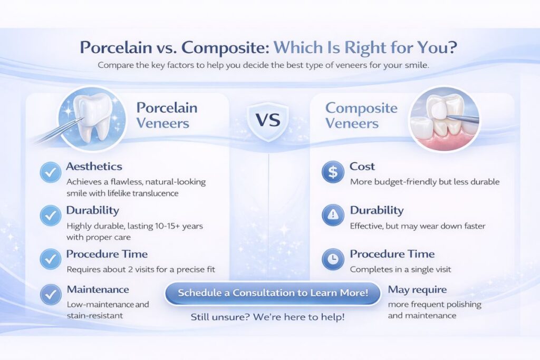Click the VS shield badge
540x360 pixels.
[x=268, y=121]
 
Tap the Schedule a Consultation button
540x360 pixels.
[x=273, y=293]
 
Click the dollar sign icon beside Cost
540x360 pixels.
[x=333, y=172]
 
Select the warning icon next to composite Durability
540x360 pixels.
[x=333, y=215]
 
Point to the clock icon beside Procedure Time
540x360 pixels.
[x=333, y=259]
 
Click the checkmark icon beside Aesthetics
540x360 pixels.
[x=51, y=172]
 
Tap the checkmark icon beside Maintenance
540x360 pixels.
[x=51, y=294]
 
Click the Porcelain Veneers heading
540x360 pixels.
[x=167, y=115]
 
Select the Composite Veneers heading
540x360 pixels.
[x=361, y=115]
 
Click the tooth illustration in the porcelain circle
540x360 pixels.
[x=92, y=118]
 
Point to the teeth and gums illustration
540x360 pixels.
[x=444, y=119]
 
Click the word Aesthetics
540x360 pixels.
[x=94, y=167]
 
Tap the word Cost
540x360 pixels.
[x=362, y=167]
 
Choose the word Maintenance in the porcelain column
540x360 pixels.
[x=98, y=289]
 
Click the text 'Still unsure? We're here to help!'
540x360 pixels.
[x=267, y=317]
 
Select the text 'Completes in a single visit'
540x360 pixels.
[x=401, y=269]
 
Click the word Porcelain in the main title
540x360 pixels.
[x=115, y=47]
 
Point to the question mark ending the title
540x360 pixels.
[x=452, y=47]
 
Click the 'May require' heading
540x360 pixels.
[x=417, y=290]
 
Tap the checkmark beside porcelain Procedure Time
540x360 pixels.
[x=51, y=259]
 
